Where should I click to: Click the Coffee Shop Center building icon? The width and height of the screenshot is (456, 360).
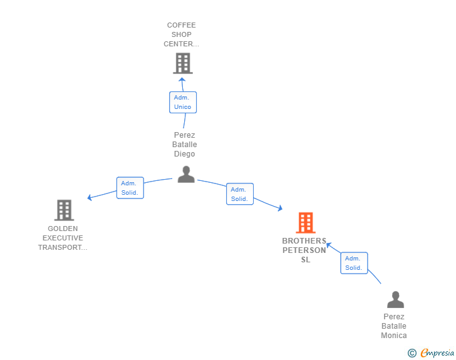(183, 63)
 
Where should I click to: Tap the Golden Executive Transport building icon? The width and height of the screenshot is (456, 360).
(64, 210)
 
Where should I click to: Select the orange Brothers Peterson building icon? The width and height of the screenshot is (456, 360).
(306, 223)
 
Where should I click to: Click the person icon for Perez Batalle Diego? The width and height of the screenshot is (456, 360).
(186, 174)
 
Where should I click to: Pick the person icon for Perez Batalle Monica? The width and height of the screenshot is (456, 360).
(395, 299)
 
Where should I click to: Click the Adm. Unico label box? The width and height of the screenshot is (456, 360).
(183, 102)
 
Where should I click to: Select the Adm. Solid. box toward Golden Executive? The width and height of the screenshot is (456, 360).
(130, 188)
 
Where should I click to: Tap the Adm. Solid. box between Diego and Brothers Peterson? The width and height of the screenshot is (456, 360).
(240, 194)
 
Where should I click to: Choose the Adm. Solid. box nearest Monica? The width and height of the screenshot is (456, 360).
(354, 263)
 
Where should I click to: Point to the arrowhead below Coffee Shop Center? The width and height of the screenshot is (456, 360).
(182, 80)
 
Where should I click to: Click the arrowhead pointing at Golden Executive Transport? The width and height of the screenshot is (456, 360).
(90, 197)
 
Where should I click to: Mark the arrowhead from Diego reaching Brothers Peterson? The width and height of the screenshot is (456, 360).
(280, 208)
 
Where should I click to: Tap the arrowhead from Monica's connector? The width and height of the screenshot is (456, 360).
(329, 245)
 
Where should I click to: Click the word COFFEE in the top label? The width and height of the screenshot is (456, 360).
(181, 25)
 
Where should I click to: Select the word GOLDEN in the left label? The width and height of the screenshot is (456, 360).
(63, 229)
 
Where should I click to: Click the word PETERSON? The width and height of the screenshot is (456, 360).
(304, 250)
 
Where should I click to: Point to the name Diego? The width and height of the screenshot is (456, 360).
(184, 154)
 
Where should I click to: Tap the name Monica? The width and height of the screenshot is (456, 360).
(394, 336)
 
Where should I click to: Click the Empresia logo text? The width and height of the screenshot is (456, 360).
(437, 352)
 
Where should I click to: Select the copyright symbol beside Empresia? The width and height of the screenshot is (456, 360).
(412, 353)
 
